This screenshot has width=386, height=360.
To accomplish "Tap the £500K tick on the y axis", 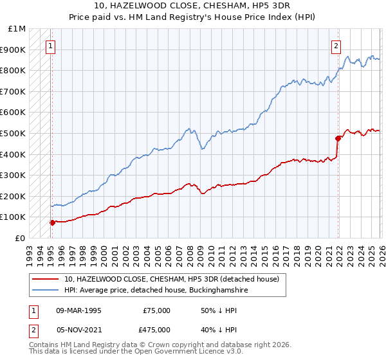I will pos(14,133).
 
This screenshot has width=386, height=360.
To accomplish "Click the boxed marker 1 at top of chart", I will pos(51,46).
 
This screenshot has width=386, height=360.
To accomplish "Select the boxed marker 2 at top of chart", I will pos(336,46).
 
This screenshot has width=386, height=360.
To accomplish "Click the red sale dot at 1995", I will pos(52,222).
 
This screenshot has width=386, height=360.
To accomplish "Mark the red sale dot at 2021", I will pos(338,138).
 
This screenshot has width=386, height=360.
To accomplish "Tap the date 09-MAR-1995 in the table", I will pos(79,310).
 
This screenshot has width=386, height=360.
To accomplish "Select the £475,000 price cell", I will pos(157,329).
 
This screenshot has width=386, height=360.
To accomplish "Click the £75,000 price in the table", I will pos(157,310).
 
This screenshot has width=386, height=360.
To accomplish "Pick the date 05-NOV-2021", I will pos(79,329).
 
